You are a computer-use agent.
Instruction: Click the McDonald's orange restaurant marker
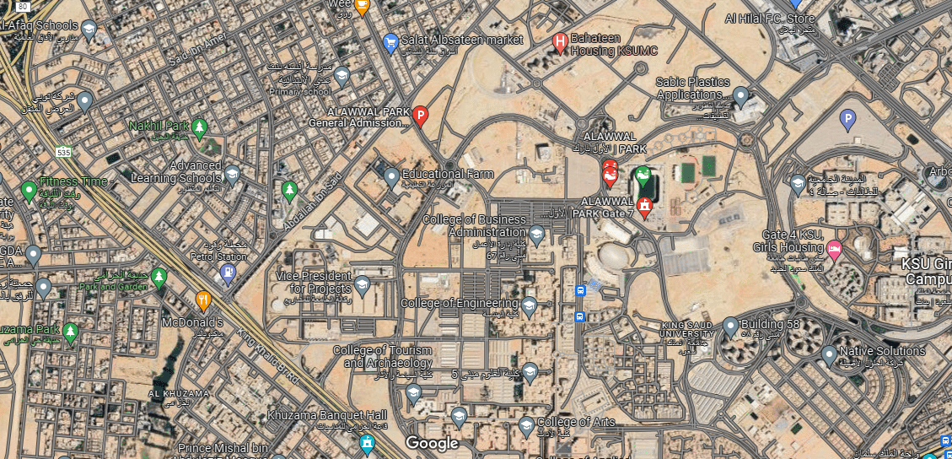[x=203, y=300]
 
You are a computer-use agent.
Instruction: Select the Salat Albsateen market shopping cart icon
[x=390, y=41]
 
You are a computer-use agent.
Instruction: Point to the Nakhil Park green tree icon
[x=200, y=128]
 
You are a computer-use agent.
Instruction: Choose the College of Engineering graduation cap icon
[x=530, y=305]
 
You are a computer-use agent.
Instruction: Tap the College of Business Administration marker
[x=536, y=234]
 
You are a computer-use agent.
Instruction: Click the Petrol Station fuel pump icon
[x=227, y=272]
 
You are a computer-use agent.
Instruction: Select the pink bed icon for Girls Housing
[x=834, y=248]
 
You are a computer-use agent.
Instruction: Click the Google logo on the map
[x=432, y=443]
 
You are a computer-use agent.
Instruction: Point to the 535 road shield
[x=62, y=153]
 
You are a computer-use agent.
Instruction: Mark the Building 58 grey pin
[x=730, y=326]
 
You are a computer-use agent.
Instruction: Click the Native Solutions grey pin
[x=829, y=354]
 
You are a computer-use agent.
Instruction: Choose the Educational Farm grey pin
[x=391, y=177]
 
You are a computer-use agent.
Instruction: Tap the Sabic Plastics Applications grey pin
[x=740, y=96]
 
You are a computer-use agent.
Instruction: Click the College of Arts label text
[x=576, y=422]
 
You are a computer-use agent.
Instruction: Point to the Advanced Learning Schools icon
[x=231, y=174]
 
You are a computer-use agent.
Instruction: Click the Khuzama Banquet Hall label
[x=327, y=414]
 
